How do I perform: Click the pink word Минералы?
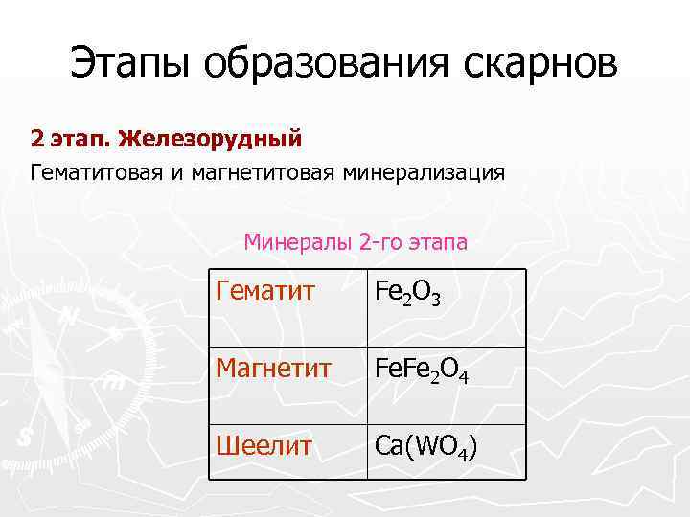tap(298, 242)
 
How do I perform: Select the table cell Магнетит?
tap(274, 368)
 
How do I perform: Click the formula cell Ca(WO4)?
tap(426, 447)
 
